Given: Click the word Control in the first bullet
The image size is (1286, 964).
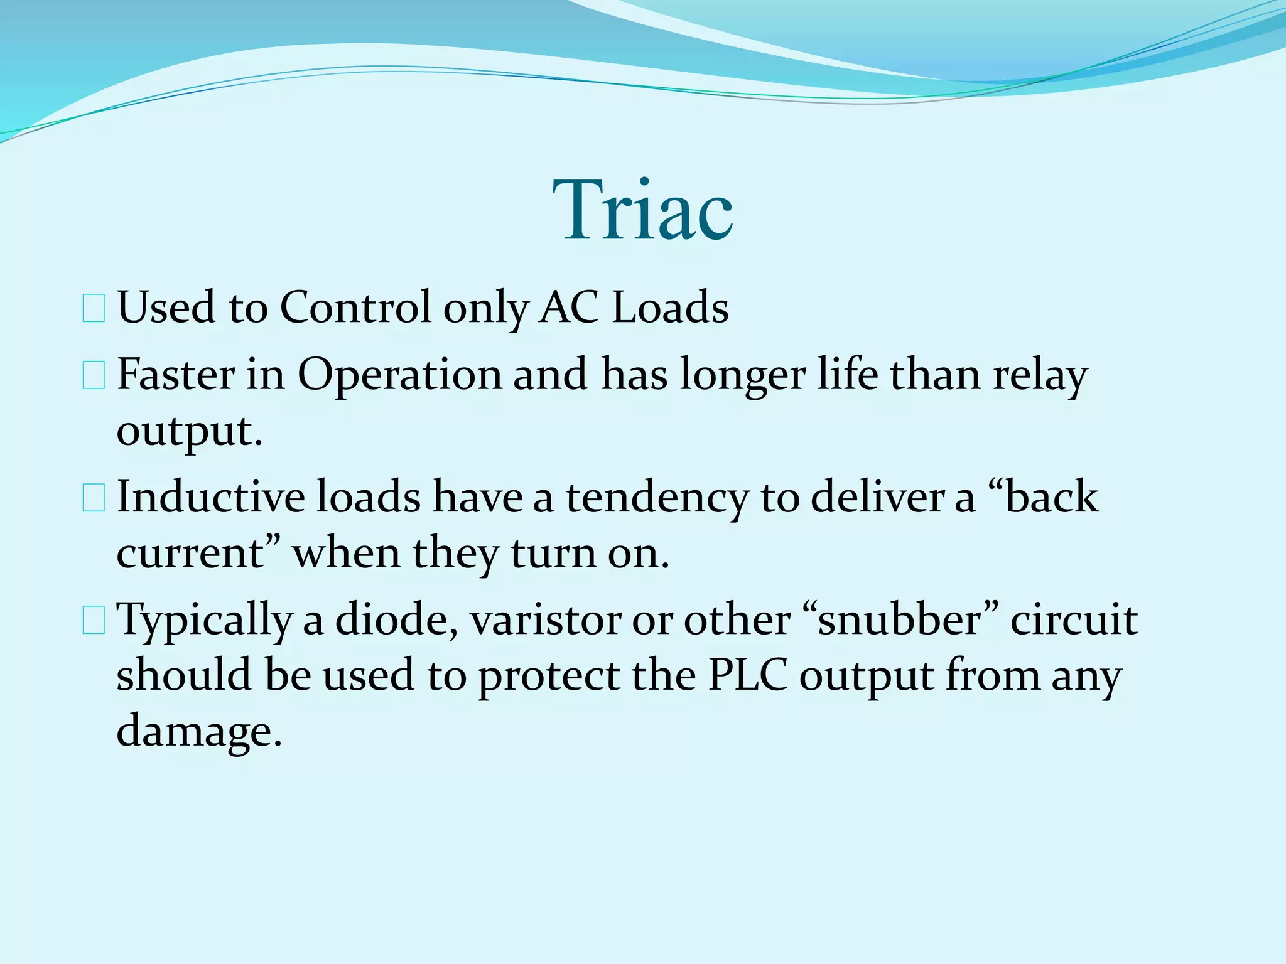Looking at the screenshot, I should (x=355, y=308).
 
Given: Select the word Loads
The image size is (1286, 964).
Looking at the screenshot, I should (x=670, y=308).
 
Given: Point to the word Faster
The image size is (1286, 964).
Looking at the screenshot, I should (x=175, y=375).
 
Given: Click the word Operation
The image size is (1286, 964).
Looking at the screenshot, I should (x=399, y=375).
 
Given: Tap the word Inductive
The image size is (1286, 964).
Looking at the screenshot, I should (x=210, y=497).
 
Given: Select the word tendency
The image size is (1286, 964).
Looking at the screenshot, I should (x=657, y=497).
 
